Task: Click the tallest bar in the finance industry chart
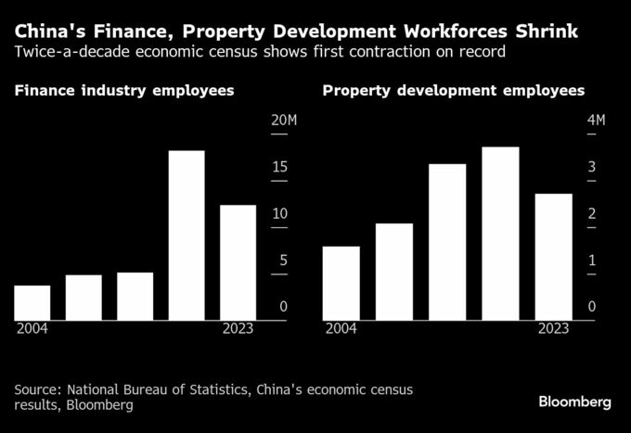pyautogui.click(x=186, y=236)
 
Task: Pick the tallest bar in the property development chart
pyautogui.click(x=500, y=234)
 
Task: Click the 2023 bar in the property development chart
pyautogui.click(x=554, y=257)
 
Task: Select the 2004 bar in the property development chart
pyautogui.click(x=341, y=283)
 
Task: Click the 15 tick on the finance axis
pyautogui.click(x=279, y=168)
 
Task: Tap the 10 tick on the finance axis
pyautogui.click(x=279, y=214)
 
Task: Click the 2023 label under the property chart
pyautogui.click(x=553, y=329)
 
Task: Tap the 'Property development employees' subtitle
pyautogui.click(x=453, y=91)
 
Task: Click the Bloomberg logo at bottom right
pyautogui.click(x=574, y=401)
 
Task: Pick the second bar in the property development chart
pyautogui.click(x=394, y=272)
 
